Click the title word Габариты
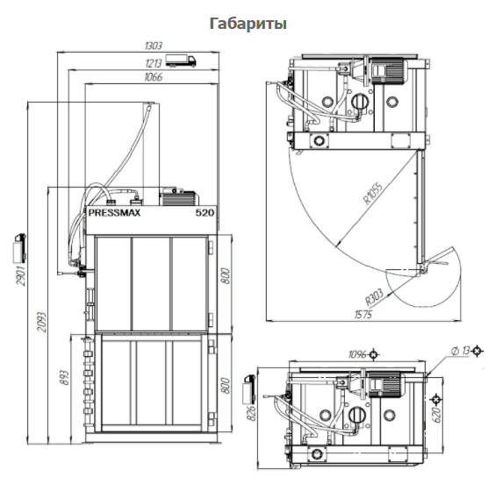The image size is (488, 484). click(x=248, y=24)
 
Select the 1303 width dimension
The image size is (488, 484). click(x=154, y=46)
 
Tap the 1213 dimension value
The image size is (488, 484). click(x=154, y=63)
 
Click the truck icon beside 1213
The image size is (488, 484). click(x=181, y=60)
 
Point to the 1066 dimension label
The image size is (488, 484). click(x=154, y=77)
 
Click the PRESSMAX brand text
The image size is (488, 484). click(x=114, y=212)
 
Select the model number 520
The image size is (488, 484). click(x=205, y=212)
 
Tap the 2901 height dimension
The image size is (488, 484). click(x=20, y=275)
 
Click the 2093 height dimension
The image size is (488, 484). click(x=41, y=322)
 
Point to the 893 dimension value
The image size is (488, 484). click(x=64, y=377)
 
